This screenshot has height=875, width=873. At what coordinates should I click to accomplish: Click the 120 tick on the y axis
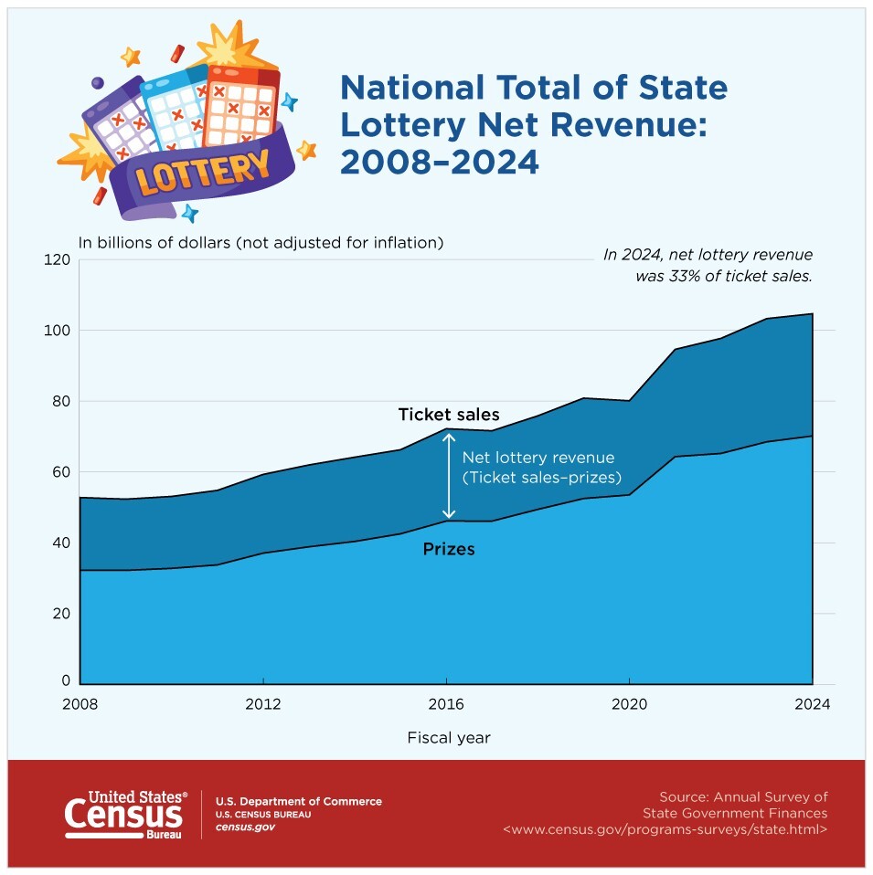coord(58,259)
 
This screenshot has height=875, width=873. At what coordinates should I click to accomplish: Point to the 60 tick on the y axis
coord(60,472)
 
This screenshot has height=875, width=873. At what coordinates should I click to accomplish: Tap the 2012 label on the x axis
coord(263,704)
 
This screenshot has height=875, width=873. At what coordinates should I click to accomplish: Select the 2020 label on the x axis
coord(629,704)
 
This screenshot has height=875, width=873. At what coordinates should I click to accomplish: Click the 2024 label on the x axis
coord(812,704)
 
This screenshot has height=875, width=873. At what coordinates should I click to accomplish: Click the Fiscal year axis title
coord(449,737)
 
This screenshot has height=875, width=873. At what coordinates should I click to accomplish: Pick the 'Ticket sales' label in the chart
coord(449,415)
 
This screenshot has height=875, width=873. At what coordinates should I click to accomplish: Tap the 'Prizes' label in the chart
coord(449,550)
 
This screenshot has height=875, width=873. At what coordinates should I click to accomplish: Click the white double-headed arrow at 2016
coord(448,476)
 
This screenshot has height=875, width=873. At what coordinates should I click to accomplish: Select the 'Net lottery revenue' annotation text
coord(538,457)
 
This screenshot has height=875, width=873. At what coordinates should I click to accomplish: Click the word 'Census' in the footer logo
coord(123,812)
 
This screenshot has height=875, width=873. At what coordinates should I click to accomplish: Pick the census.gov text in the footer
coord(244,828)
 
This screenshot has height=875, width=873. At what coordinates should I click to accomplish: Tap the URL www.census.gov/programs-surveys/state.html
coord(665,829)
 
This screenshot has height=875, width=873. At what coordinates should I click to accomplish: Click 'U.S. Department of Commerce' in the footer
coord(298,801)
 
